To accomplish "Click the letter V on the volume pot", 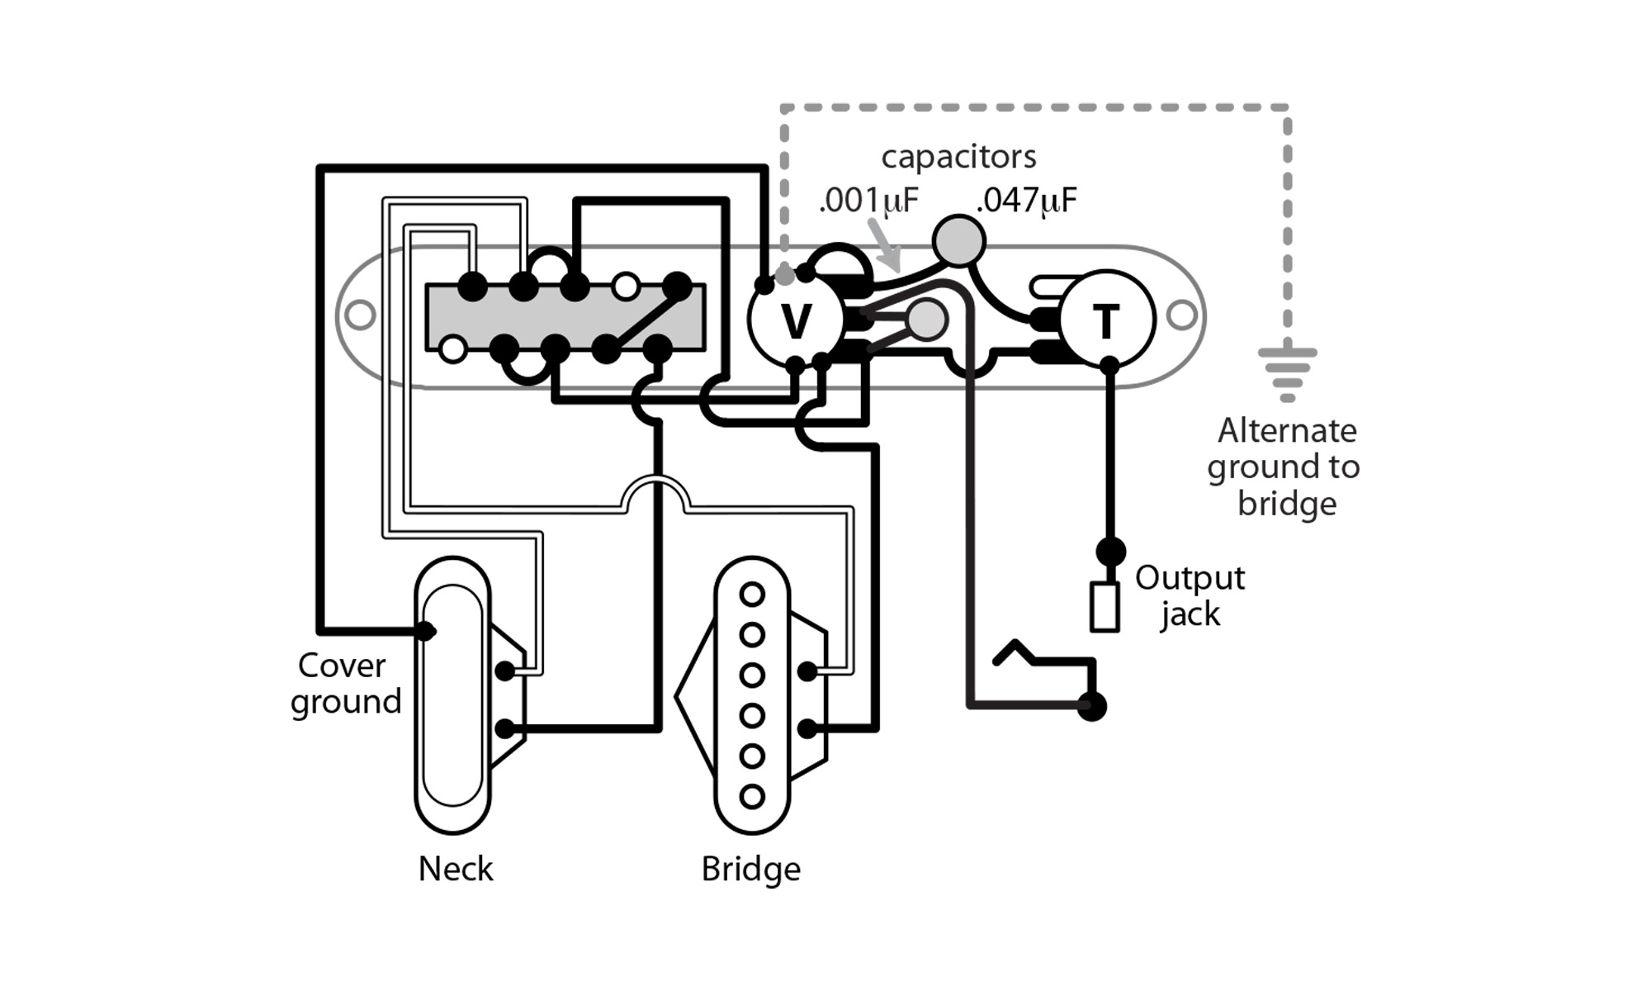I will (x=797, y=321).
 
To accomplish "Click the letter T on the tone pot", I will (x=1106, y=321).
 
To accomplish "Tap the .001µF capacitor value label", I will (x=868, y=201).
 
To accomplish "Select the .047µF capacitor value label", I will (x=1026, y=201).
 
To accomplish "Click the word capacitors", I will (x=958, y=157).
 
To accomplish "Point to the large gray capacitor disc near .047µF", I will (x=958, y=240).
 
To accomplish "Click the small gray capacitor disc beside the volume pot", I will (x=926, y=320).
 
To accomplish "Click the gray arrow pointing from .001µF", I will (x=886, y=245).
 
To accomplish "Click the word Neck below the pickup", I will (x=455, y=869).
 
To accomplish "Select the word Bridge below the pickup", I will (x=750, y=869).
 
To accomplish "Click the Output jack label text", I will (x=1189, y=595).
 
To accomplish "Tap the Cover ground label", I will (x=344, y=683).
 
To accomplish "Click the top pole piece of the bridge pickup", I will (x=751, y=594).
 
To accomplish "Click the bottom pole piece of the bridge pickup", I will (x=751, y=796).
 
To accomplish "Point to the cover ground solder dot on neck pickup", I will (x=425, y=631).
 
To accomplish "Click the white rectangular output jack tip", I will (x=1105, y=607).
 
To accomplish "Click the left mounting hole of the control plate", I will (x=360, y=315).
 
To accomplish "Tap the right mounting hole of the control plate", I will (x=1181, y=315).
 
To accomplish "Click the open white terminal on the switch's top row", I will (x=626, y=287).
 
